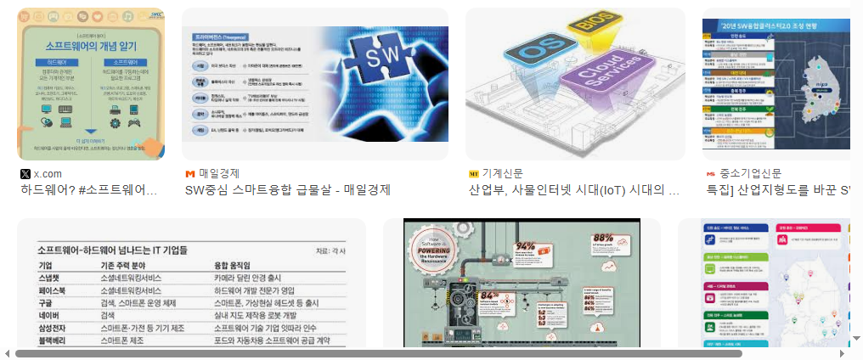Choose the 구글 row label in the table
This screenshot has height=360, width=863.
pos(46,302)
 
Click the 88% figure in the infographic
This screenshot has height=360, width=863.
pos(603,238)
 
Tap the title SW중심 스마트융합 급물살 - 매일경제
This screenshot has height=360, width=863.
pos(287,190)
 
